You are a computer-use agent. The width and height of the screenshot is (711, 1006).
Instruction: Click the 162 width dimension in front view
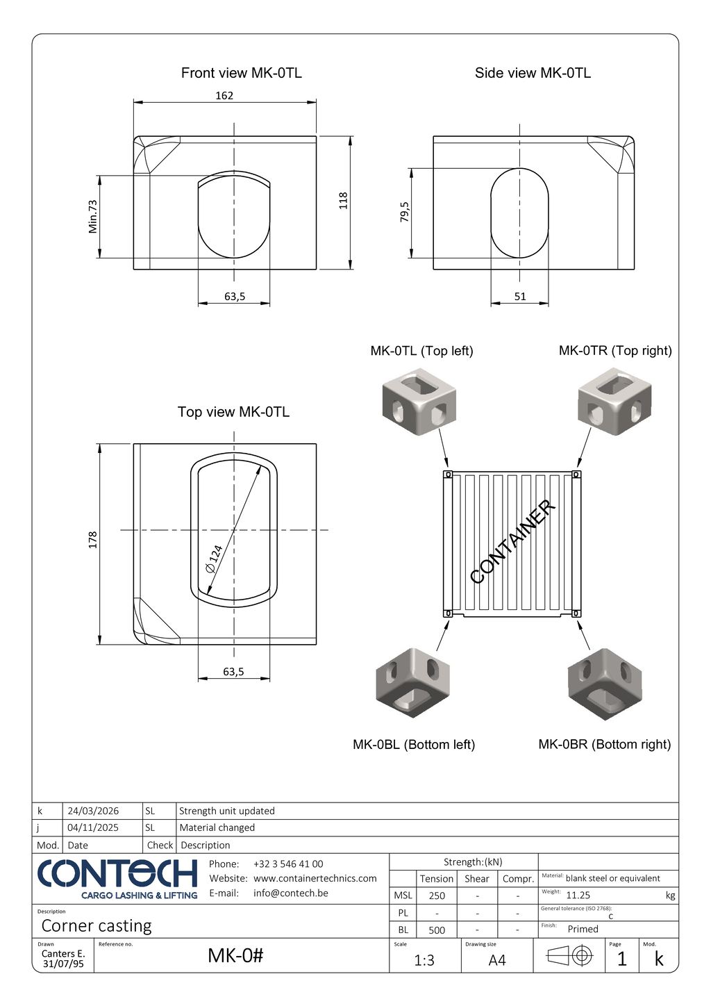pyautogui.click(x=224, y=96)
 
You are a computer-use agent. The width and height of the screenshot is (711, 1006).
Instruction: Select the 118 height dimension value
pyautogui.click(x=343, y=201)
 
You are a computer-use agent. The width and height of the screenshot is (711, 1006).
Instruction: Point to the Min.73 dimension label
pyautogui.click(x=93, y=216)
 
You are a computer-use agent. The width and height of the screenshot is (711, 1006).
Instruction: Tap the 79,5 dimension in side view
pyautogui.click(x=404, y=212)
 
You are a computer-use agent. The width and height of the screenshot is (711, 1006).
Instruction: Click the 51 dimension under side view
pyautogui.click(x=520, y=297)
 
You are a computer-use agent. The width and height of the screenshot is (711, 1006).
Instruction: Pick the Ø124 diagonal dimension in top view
pyautogui.click(x=215, y=559)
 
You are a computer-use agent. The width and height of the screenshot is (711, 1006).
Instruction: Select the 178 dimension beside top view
pyautogui.click(x=93, y=540)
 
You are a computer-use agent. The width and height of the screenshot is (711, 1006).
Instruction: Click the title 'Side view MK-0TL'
pyautogui.click(x=533, y=73)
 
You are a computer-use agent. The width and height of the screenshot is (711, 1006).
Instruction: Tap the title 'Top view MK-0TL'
pyautogui.click(x=233, y=412)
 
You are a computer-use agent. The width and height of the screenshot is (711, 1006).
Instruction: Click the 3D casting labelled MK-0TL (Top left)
pyautogui.click(x=419, y=402)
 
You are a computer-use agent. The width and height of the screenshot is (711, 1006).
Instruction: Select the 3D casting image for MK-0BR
pyautogui.click(x=605, y=683)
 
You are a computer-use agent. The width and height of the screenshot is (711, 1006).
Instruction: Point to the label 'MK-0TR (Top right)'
pyautogui.click(x=615, y=351)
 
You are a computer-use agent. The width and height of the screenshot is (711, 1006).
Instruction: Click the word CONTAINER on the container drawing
pyautogui.click(x=513, y=542)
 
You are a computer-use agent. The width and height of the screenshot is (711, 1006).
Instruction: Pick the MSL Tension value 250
pyautogui.click(x=437, y=896)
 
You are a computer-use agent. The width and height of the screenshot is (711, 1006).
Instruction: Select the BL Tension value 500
pyautogui.click(x=437, y=930)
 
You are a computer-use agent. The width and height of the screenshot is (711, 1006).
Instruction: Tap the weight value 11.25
pyautogui.click(x=578, y=896)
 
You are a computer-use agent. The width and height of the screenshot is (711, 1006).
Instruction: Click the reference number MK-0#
pyautogui.click(x=235, y=956)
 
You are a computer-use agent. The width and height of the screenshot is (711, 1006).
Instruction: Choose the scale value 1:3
pyautogui.click(x=424, y=960)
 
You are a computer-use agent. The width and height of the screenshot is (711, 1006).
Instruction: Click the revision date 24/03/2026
pyautogui.click(x=93, y=811)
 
